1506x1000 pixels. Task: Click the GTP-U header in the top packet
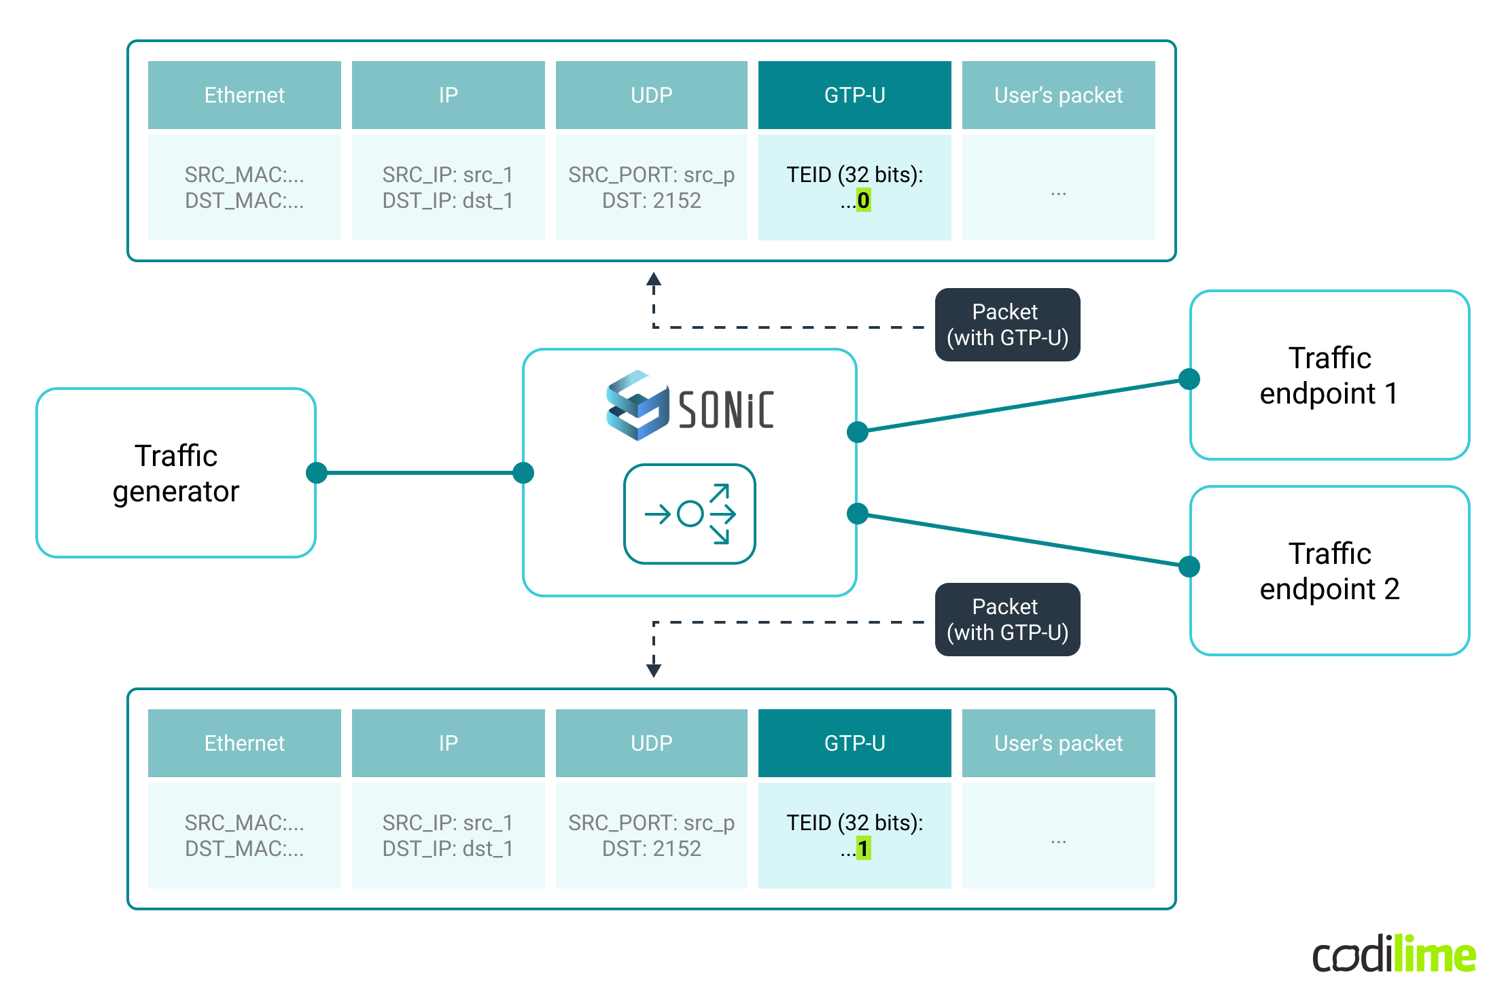tap(854, 95)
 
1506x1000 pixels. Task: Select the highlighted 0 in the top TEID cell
tap(863, 200)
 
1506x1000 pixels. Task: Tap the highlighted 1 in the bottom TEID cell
tap(863, 849)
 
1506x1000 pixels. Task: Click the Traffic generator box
tap(176, 473)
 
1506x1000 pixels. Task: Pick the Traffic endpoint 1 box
tap(1329, 375)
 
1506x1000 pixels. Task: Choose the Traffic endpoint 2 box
tap(1329, 571)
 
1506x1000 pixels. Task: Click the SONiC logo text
tap(726, 410)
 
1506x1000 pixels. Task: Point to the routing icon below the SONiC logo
tap(690, 514)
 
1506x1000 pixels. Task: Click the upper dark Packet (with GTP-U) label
tap(1007, 325)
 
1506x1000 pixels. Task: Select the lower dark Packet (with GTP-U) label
tap(1007, 620)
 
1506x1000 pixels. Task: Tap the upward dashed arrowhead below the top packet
tap(654, 279)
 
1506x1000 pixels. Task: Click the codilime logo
tap(1394, 954)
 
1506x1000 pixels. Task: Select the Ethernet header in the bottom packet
tap(245, 743)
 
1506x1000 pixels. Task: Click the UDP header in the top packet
tap(652, 95)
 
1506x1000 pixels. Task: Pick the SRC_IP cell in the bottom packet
tap(448, 836)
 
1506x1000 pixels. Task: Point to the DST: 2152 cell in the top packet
tap(652, 187)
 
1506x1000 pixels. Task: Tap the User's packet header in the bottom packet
tap(1058, 743)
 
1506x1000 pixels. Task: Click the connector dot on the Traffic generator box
tap(317, 473)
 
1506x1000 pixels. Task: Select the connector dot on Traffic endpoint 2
tap(1189, 566)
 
